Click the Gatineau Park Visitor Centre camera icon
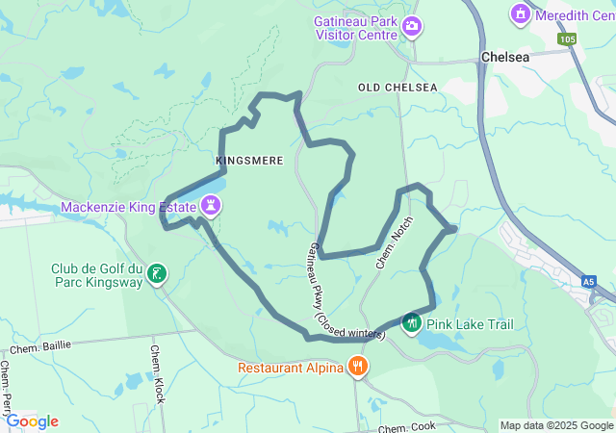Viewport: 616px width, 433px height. [x=412, y=26]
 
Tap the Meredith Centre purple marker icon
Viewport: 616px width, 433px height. [x=521, y=13]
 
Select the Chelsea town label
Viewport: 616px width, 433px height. [x=504, y=58]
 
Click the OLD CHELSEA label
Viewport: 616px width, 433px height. [x=398, y=88]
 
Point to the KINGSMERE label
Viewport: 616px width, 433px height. [x=249, y=161]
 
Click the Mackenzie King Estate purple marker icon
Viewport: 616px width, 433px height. [x=211, y=205]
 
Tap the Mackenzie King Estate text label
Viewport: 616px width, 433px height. [x=129, y=207]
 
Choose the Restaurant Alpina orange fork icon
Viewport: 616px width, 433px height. [x=358, y=366]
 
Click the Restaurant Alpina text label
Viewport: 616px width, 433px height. [x=291, y=367]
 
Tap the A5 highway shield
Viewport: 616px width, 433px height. [x=587, y=282]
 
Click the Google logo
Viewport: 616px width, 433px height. [x=32, y=421]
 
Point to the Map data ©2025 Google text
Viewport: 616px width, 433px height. [x=556, y=425]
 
